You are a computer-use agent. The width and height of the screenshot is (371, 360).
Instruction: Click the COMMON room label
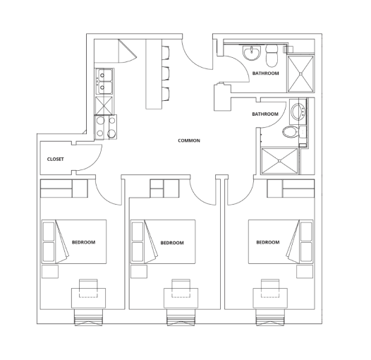click(189, 140)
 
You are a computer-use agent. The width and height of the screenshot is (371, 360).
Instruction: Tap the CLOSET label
click(56, 159)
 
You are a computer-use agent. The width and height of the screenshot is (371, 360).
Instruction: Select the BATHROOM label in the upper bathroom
click(265, 73)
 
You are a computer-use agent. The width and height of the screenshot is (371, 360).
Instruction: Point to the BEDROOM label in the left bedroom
click(83, 242)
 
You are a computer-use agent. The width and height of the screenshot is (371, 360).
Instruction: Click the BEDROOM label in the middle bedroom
click(172, 242)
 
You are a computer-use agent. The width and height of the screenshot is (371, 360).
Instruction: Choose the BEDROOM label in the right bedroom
click(267, 242)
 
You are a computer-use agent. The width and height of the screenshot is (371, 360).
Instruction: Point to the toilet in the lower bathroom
click(289, 133)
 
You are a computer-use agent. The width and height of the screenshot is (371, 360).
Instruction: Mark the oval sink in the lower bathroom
click(296, 111)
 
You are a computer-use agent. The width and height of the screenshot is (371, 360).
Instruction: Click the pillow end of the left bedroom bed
click(49, 242)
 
